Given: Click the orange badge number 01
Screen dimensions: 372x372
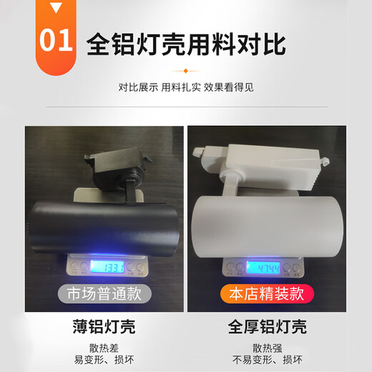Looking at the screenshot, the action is click(x=56, y=40).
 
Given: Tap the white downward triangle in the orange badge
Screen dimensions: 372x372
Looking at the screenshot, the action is click(x=56, y=7).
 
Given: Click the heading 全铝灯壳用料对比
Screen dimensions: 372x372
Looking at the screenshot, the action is click(x=186, y=44).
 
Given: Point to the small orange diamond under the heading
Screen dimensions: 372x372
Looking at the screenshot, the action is click(x=186, y=71).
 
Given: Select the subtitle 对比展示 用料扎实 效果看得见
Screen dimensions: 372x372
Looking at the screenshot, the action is click(x=186, y=87).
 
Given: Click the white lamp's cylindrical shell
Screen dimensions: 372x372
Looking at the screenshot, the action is click(x=267, y=227).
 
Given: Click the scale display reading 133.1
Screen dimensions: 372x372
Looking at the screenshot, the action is click(x=107, y=267).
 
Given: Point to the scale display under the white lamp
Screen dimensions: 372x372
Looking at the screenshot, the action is click(x=263, y=268).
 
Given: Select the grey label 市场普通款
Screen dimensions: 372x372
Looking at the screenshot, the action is click(x=104, y=294).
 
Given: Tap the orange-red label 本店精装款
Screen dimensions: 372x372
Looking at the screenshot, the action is click(x=267, y=294).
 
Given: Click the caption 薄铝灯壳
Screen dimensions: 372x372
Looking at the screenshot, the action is click(x=104, y=327).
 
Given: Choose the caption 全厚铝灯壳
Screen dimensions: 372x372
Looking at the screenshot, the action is click(x=267, y=327).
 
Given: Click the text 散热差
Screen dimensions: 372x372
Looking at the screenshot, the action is click(x=104, y=348).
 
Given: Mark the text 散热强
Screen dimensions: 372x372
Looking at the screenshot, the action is click(x=268, y=348).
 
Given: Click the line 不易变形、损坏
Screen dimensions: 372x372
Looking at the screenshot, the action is click(x=268, y=360).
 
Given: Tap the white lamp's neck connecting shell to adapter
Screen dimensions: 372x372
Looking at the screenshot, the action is click(x=230, y=185).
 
